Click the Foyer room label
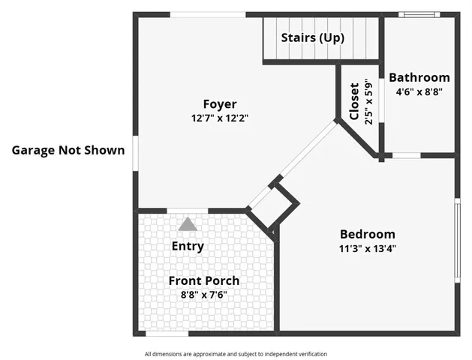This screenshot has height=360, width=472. tap(219, 104)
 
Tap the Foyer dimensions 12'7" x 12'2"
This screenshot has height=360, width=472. tap(219, 118)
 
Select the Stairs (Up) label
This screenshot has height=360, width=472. tap(312, 37)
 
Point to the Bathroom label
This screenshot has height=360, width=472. tap(419, 77)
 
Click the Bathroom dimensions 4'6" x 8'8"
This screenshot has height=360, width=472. tap(419, 91)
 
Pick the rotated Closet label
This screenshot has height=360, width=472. tap(354, 101)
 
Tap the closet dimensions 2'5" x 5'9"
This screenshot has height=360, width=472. tap(368, 101)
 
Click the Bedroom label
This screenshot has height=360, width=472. tap(367, 234)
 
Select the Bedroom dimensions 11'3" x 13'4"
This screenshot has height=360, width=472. tap(367, 247)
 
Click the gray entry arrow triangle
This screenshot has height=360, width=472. tap(188, 223)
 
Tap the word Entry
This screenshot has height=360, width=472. tap(188, 246)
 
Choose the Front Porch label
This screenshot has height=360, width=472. tap(203, 280)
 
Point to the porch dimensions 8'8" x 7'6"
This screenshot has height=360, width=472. tap(203, 295)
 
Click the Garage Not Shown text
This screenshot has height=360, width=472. tap(68, 149)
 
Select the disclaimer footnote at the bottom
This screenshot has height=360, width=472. tap(236, 354)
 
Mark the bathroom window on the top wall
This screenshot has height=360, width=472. tap(419, 14)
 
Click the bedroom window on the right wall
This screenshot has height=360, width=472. tap(457, 240)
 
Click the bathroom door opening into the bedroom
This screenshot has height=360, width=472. tap(406, 155)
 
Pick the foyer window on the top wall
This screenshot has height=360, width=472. tap(208, 14)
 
